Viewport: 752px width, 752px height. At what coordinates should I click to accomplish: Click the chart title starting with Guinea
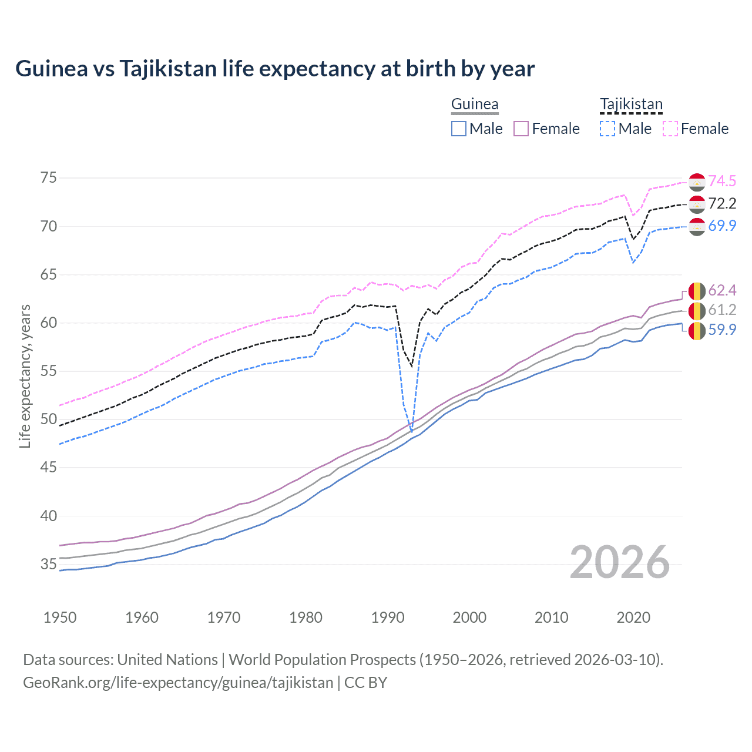(x=275, y=69)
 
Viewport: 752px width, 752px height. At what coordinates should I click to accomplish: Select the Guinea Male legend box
(x=459, y=129)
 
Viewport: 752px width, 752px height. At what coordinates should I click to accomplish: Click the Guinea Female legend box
(x=521, y=129)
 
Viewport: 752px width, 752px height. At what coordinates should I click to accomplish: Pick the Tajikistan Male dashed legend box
(x=607, y=129)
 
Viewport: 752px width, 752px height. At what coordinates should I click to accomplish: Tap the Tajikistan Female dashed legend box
(x=670, y=129)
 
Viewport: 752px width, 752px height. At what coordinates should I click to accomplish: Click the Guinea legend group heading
(x=475, y=105)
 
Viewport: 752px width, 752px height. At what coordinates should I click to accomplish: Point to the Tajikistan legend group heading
(x=631, y=105)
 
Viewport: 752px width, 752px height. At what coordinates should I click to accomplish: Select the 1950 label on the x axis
(x=60, y=617)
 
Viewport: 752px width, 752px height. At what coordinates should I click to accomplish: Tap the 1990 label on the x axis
(x=388, y=617)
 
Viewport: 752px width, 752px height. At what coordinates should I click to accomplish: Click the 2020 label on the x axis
(x=633, y=617)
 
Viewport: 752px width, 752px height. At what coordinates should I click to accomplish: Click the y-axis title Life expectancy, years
(x=25, y=376)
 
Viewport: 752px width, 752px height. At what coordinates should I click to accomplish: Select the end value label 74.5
(x=722, y=182)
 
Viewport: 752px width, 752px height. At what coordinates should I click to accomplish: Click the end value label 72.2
(x=722, y=204)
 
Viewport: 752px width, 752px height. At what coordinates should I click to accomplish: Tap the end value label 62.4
(x=722, y=291)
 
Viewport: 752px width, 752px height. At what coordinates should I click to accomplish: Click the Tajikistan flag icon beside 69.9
(x=697, y=226)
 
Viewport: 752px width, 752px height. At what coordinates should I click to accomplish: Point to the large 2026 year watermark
(x=620, y=563)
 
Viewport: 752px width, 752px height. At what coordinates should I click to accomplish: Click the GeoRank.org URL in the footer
(x=178, y=683)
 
